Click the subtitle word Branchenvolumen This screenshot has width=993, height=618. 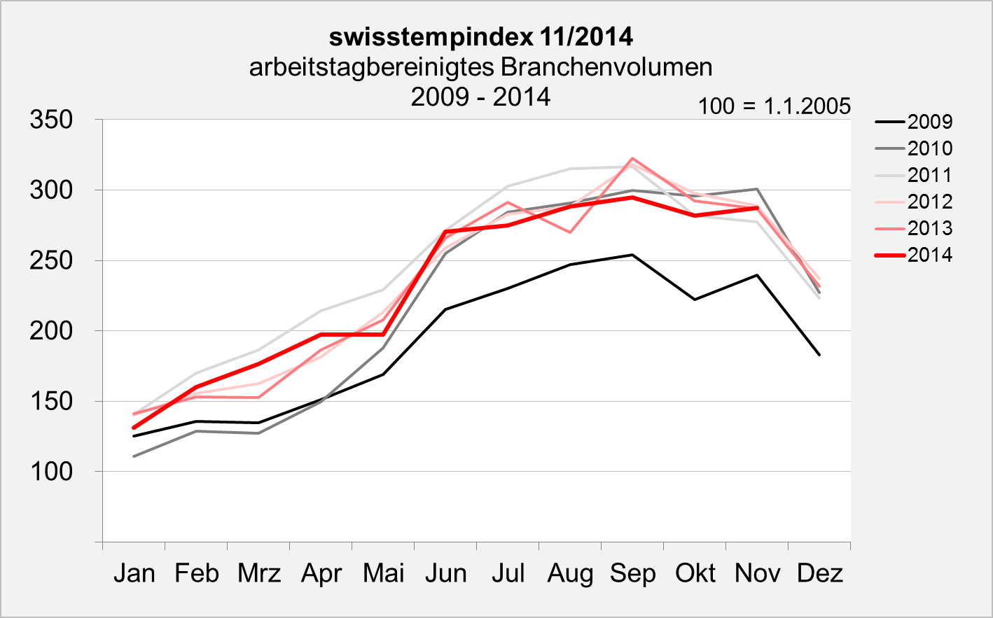tap(606, 67)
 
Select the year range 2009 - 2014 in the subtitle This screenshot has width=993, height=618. tap(480, 97)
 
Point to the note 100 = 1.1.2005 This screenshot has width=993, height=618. tap(774, 106)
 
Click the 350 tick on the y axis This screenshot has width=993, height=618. tap(51, 120)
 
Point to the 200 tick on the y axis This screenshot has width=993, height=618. tap(51, 331)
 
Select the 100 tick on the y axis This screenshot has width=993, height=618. tap(51, 472)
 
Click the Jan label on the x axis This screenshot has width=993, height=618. tap(134, 574)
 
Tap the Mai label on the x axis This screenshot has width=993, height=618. tap(383, 574)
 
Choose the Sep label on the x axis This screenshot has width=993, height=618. tap(632, 574)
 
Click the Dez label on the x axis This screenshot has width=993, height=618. tap(819, 574)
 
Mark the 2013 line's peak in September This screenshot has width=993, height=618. tap(632, 158)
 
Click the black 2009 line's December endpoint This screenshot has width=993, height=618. tap(819, 355)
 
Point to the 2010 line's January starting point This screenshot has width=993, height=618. tap(134, 456)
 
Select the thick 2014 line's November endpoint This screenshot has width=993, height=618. tap(757, 208)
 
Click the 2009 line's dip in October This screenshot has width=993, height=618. tap(695, 300)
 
